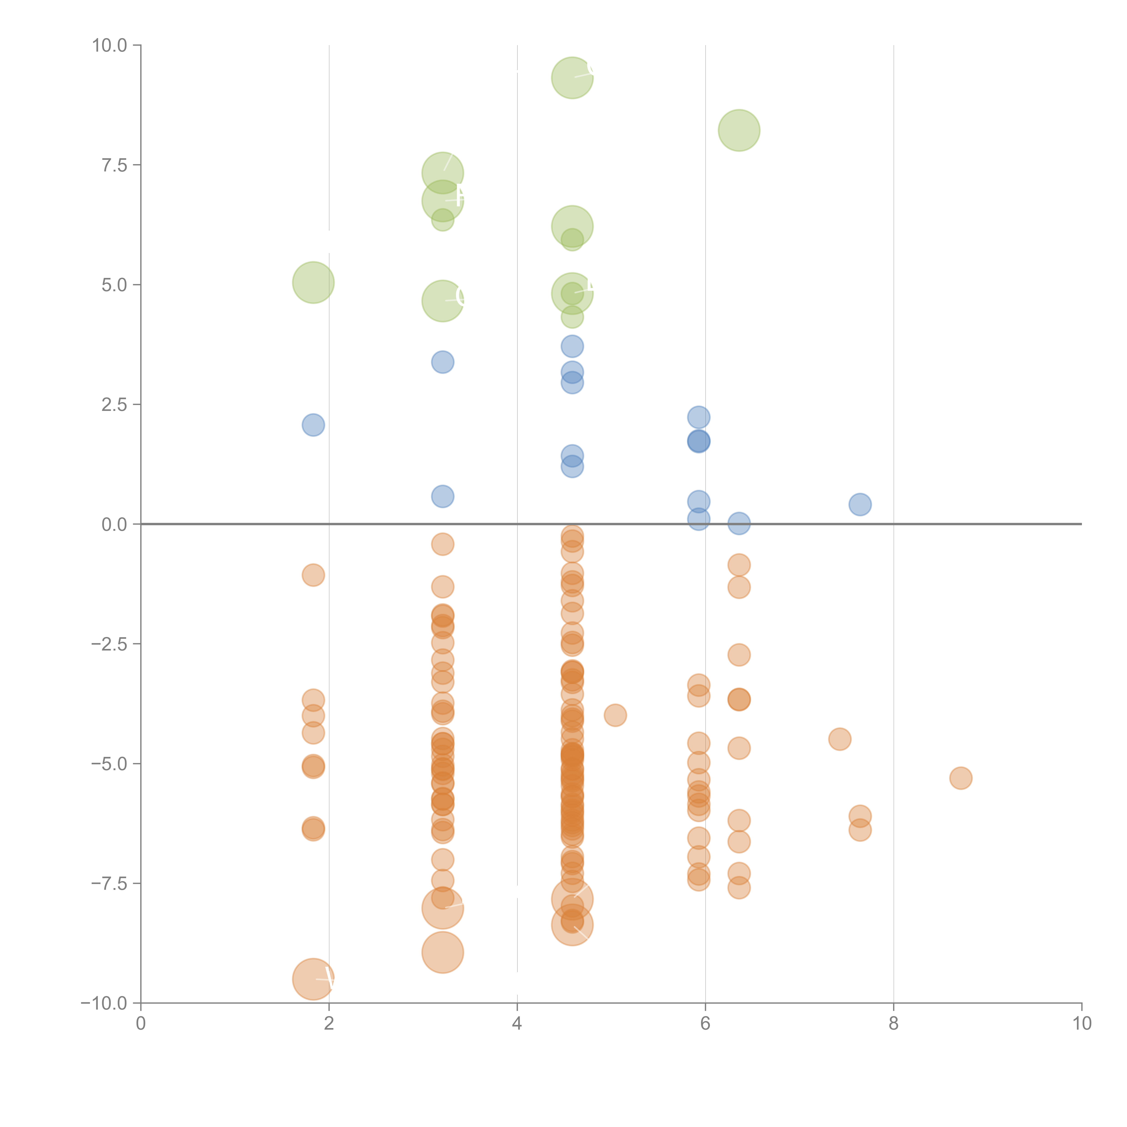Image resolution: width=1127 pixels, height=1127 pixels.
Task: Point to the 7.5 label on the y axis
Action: pos(114,165)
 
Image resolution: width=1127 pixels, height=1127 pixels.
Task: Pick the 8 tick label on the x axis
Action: pos(894,1024)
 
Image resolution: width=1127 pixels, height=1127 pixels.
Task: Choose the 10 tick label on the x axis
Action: pos(1081,1024)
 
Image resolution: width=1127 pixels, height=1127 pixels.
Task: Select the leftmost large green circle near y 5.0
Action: pos(313,282)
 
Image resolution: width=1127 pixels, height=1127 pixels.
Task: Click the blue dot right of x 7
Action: pos(860,504)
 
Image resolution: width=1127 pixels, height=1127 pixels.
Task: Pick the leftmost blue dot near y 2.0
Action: pos(313,425)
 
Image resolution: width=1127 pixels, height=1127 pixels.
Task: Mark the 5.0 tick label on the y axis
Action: pos(114,285)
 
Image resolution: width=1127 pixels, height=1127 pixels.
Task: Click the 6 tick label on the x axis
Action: pos(705,1024)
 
